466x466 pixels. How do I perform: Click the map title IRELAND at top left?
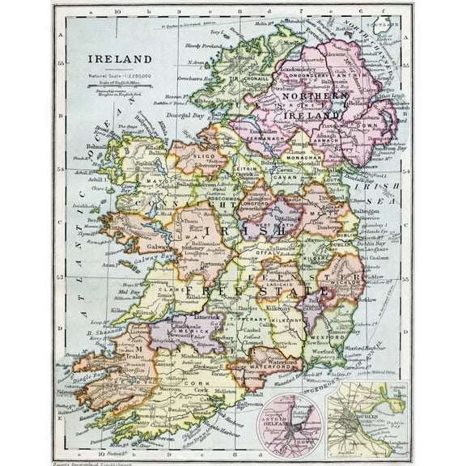(x=119, y=59)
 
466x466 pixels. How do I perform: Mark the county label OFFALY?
(x=264, y=253)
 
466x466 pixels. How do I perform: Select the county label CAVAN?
(x=273, y=184)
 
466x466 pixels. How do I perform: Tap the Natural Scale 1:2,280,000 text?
(x=119, y=75)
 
